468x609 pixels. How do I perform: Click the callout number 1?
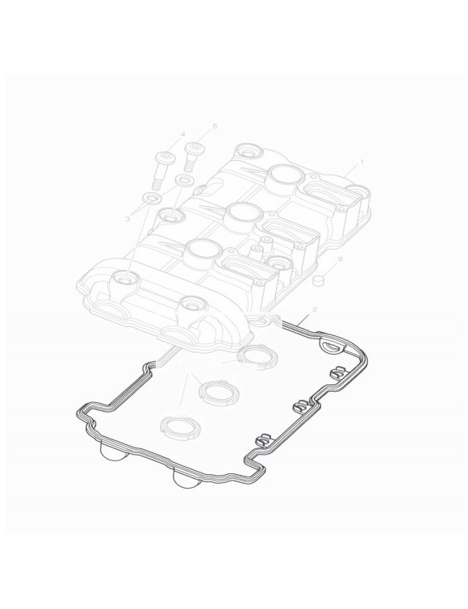click(361, 162)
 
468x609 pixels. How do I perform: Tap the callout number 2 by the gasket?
click(314, 310)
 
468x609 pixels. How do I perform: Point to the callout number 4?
click(183, 133)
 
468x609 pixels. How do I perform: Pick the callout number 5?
click(215, 126)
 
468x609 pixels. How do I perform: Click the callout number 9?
click(340, 259)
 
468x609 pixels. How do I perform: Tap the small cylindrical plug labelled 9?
click(319, 280)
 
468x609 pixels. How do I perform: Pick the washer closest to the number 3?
click(151, 199)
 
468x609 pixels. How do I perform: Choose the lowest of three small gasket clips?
click(260, 440)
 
